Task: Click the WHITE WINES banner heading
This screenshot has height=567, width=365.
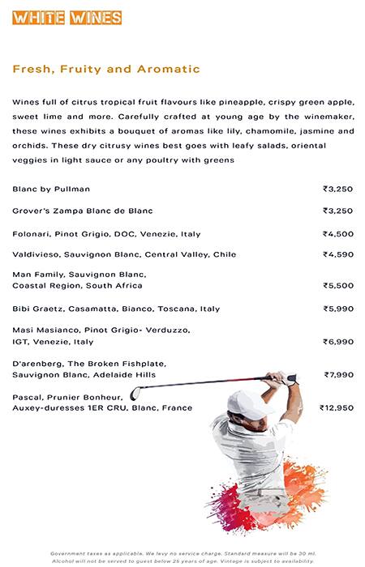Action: click(x=67, y=18)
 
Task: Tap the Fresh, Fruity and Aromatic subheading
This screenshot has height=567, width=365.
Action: click(x=106, y=70)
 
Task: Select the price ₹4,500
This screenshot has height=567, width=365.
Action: click(x=337, y=234)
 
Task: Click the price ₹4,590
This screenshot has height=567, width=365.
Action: click(x=337, y=254)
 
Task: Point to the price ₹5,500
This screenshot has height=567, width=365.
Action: click(x=337, y=286)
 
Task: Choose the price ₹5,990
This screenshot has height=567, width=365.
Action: click(x=337, y=309)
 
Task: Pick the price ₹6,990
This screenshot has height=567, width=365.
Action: click(x=337, y=342)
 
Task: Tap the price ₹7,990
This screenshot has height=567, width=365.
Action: click(x=338, y=375)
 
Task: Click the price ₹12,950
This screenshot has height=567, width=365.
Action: click(x=336, y=408)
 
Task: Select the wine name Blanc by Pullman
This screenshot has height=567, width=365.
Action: click(x=51, y=189)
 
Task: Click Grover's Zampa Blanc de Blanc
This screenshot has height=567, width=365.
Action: click(x=83, y=211)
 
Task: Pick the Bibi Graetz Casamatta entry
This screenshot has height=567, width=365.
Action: click(x=116, y=309)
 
